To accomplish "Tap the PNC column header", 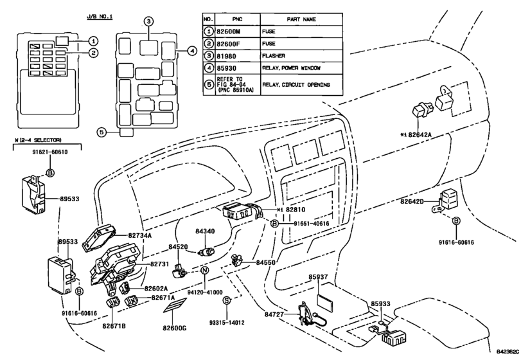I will click(238, 19).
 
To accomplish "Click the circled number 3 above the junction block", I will click(148, 21).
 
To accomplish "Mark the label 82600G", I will click(173, 328).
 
